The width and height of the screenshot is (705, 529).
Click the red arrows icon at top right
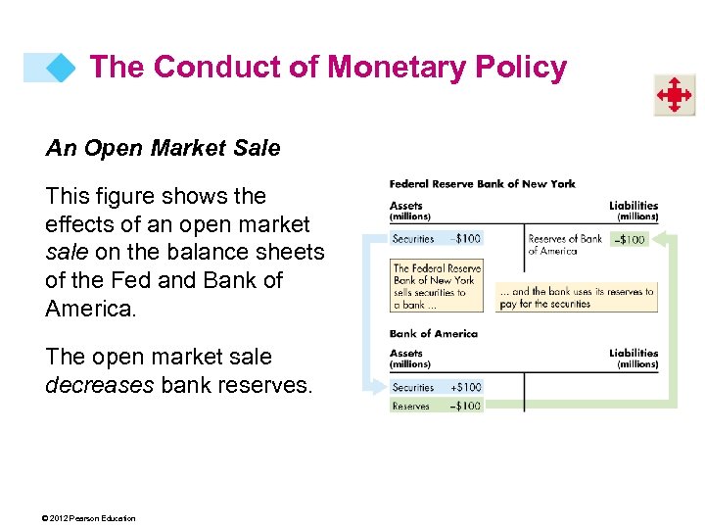coord(674,96)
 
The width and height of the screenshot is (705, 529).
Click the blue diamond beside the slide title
coord(61,68)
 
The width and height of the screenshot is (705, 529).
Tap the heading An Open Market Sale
coord(163,149)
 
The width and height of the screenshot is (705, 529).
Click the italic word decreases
coord(99,385)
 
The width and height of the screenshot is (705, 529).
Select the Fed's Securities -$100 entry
coord(436,238)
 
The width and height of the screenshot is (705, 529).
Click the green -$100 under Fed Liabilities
coord(628,238)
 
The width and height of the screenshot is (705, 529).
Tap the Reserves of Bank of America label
coord(564,244)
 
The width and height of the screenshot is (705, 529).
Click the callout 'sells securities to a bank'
coord(436,286)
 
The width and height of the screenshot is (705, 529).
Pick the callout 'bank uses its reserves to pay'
coord(575,297)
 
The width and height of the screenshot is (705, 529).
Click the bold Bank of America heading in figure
coord(433,334)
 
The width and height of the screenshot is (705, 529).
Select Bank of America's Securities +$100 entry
coord(436,387)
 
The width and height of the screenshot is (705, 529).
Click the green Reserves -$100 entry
coord(436,406)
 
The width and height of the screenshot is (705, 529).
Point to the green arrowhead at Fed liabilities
coord(659,238)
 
